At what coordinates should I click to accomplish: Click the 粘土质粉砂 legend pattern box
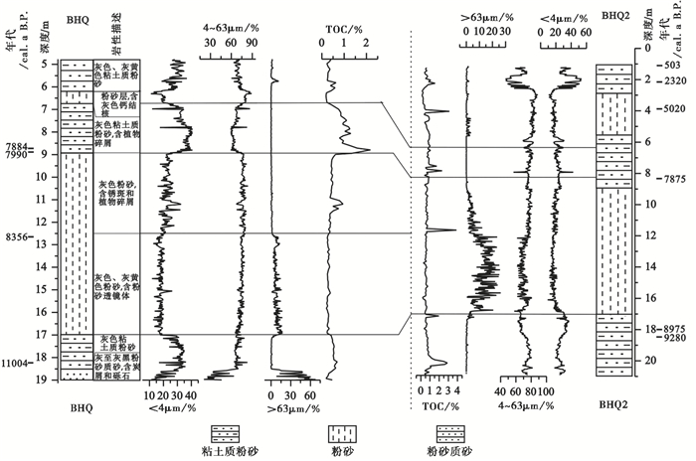pos(225,434)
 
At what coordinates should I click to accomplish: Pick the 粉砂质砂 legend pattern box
pos(453,434)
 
